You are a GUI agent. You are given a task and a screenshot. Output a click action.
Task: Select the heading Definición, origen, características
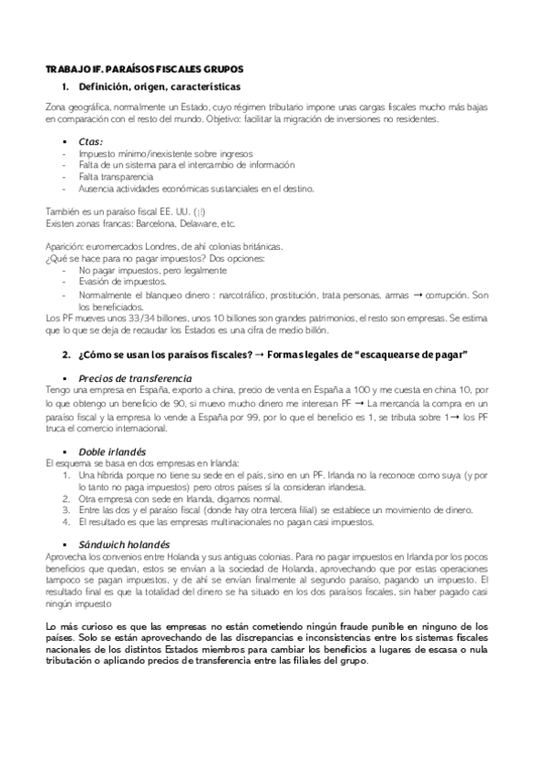(x=160, y=88)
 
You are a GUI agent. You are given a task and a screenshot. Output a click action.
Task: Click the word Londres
(x=148, y=247)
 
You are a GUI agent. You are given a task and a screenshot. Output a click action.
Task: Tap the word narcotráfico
(x=262, y=294)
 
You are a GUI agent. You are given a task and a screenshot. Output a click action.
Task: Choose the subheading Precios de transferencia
(x=135, y=377)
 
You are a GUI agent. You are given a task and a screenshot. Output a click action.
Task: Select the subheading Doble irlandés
(x=113, y=450)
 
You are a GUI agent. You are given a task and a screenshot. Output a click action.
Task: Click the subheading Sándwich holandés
(x=125, y=544)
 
